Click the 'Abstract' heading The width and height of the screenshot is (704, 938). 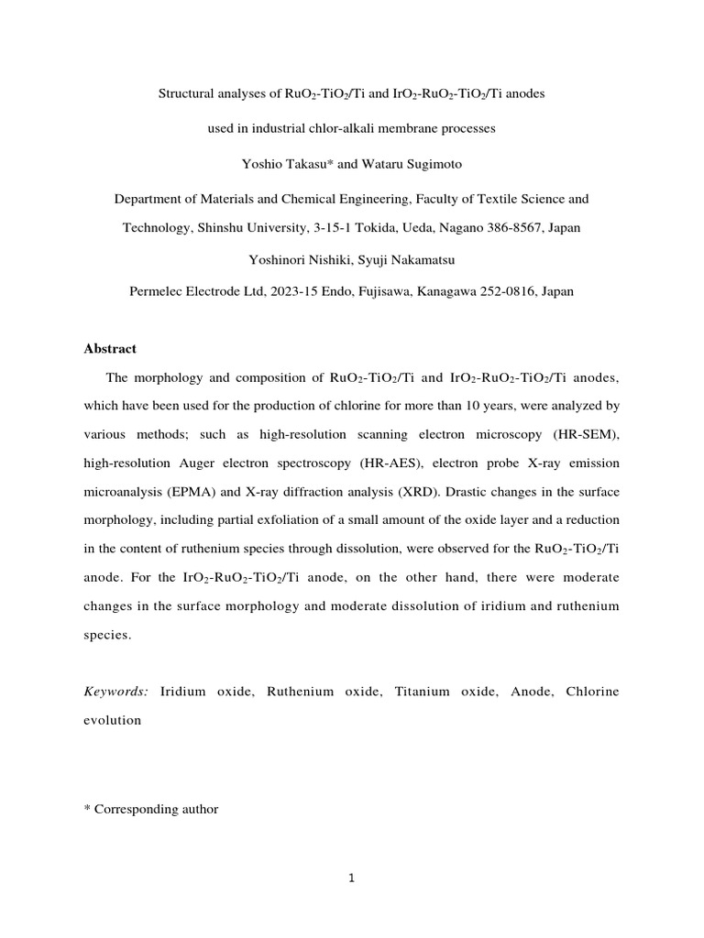pyautogui.click(x=110, y=348)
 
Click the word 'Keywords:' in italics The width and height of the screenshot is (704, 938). pyautogui.click(x=115, y=692)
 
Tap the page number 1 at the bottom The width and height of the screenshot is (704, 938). pyautogui.click(x=351, y=878)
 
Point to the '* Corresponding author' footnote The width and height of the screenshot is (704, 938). pyautogui.click(x=150, y=809)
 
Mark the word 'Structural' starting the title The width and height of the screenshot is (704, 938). pyautogui.click(x=187, y=94)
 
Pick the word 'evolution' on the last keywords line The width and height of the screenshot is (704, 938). pyautogui.click(x=113, y=720)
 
